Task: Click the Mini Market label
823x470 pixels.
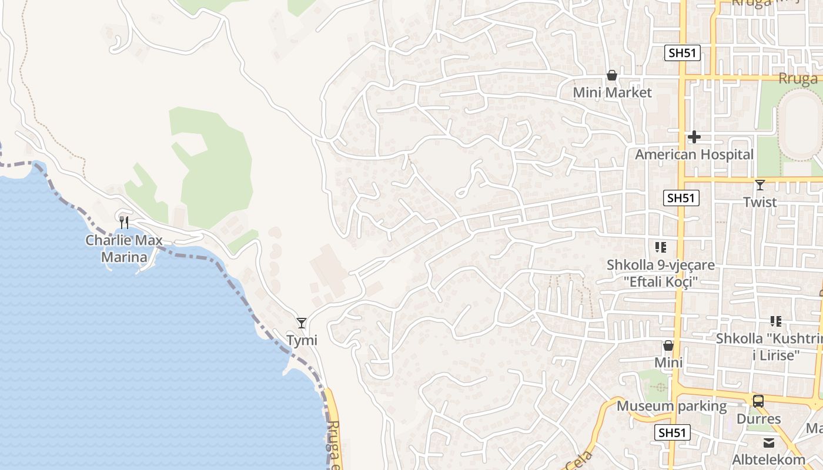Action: [x=612, y=92]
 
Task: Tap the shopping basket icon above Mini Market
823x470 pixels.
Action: [x=612, y=75]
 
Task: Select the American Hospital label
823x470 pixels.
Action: [x=694, y=155]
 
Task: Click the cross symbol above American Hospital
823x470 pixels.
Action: [x=694, y=137]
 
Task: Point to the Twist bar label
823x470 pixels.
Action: [x=760, y=202]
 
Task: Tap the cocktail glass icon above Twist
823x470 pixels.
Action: [x=760, y=185]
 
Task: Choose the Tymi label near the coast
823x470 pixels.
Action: [x=302, y=340]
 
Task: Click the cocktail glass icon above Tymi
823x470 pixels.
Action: [x=302, y=323]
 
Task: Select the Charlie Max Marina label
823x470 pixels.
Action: [x=124, y=249]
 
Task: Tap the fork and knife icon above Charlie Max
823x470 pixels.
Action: [x=124, y=222]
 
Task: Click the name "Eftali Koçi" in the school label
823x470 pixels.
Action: [x=661, y=282]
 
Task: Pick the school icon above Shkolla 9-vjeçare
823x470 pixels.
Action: [x=661, y=247]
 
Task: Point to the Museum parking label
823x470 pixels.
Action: [x=671, y=406]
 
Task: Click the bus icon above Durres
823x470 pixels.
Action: [x=758, y=401]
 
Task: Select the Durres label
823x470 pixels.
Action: [x=758, y=419]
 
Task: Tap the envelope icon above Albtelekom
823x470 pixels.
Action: [x=769, y=442]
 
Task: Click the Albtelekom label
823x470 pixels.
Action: [x=769, y=459]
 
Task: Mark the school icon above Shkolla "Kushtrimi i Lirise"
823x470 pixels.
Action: [x=776, y=321]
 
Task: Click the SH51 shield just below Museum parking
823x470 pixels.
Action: [x=672, y=433]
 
